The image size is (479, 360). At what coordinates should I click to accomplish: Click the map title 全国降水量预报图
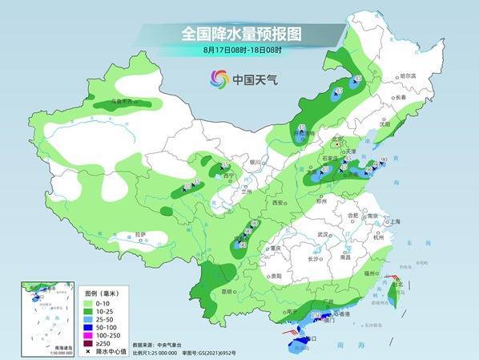(239, 33)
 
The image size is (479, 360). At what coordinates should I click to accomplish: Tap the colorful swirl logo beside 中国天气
(219, 79)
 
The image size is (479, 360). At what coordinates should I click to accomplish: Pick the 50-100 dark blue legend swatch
(88, 328)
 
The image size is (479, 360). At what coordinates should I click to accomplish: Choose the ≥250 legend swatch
(88, 343)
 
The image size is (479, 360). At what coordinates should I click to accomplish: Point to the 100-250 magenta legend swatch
(88, 335)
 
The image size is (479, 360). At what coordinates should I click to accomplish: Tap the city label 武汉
(323, 234)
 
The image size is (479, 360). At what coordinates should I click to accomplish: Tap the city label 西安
(280, 204)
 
